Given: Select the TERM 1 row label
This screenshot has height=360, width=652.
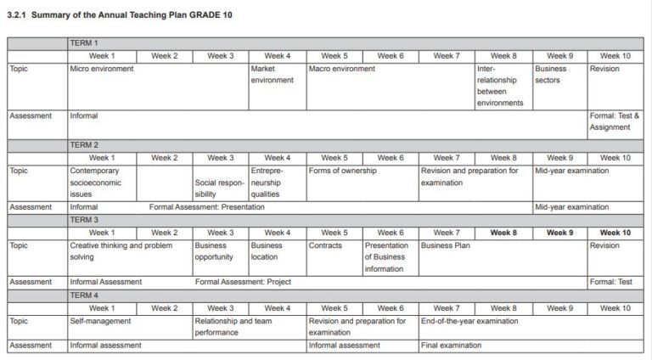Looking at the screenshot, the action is (84, 43).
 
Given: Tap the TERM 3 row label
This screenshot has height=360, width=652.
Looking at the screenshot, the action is (84, 220).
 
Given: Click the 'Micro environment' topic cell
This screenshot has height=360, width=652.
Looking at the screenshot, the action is (101, 69).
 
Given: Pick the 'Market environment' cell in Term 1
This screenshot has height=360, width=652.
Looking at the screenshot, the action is (272, 75).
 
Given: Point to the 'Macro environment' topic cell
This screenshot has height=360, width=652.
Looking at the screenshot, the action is (341, 69).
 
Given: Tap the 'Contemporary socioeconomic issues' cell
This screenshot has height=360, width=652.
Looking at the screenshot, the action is (96, 182).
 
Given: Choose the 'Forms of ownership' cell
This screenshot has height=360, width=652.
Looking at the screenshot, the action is (343, 171).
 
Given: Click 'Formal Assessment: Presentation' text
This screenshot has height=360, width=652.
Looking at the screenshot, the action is (206, 207).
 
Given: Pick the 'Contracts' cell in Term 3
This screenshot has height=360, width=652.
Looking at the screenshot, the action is (325, 245).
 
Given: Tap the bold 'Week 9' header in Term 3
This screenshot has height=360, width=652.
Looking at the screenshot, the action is (559, 233).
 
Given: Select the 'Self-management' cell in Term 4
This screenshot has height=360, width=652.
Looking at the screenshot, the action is (100, 322).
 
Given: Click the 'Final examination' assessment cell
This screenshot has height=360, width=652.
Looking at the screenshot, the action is (451, 346).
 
